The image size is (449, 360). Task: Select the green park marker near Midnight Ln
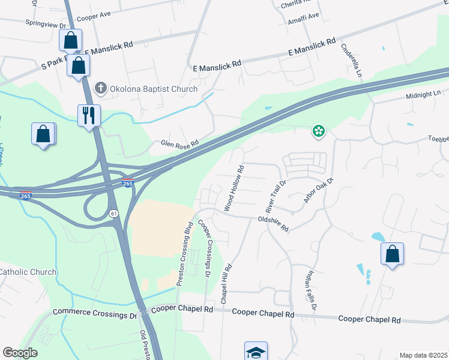click(318, 131)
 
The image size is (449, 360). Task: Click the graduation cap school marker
click(256, 352)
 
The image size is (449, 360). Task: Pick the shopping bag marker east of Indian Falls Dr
click(392, 254)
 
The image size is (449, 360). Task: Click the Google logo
click(20, 353)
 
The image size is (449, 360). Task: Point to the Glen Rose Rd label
click(179, 145)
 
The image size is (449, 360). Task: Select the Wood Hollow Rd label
click(235, 188)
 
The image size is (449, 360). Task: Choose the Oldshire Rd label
click(273, 224)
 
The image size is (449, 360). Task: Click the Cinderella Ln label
click(351, 61)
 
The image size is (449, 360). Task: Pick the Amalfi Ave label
click(304, 16)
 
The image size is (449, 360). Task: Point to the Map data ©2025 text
click(423, 355)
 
